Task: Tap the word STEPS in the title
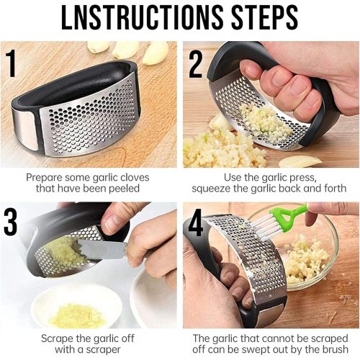(265, 17)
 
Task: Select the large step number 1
(11, 63)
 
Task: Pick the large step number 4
(196, 224)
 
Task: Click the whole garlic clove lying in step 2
(300, 161)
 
